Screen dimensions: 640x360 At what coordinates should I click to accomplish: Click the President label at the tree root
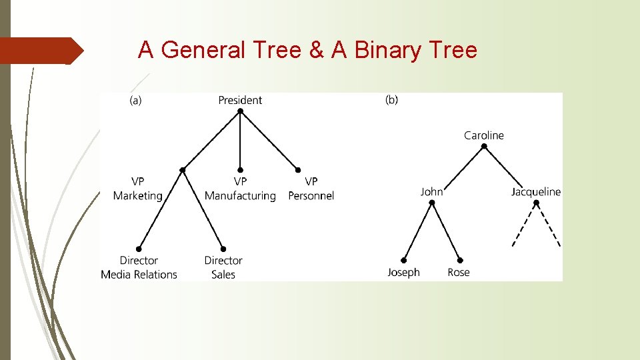[x=240, y=100]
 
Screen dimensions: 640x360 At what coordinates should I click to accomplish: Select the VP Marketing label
[x=137, y=188]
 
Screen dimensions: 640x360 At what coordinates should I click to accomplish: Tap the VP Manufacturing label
[x=240, y=188]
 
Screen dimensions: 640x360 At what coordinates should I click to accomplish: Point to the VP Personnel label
[x=311, y=188]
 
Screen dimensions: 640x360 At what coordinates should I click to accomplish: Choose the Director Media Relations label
[x=139, y=267]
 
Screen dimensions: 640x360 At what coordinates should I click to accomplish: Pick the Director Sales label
[x=223, y=267]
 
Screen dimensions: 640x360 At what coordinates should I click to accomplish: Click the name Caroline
[x=484, y=135]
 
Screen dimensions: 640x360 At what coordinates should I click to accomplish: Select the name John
[x=431, y=192]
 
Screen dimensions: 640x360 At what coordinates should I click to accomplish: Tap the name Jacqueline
[x=536, y=192]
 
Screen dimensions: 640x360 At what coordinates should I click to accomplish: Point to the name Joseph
[x=404, y=272]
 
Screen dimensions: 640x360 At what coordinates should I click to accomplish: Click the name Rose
[x=459, y=272]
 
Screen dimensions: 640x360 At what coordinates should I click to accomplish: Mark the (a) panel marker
[x=135, y=100]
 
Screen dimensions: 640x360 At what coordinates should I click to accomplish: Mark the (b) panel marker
[x=392, y=100]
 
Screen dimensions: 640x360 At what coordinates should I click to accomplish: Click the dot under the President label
[x=240, y=111]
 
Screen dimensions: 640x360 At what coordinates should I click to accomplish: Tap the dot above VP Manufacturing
[x=240, y=170]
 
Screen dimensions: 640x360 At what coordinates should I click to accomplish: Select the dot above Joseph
[x=404, y=260]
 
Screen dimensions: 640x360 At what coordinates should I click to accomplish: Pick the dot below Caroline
[x=484, y=146]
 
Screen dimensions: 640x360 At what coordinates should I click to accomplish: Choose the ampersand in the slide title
[x=317, y=50]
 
